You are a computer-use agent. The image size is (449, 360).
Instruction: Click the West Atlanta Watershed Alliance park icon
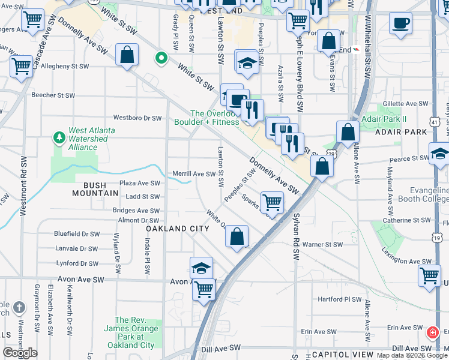[59, 138]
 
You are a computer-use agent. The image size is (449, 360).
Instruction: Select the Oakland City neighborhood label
[178, 229]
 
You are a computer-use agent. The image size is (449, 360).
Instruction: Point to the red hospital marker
[432, 332]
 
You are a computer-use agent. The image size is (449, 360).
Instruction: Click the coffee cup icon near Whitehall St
[400, 23]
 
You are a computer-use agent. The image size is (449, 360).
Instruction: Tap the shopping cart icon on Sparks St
[272, 202]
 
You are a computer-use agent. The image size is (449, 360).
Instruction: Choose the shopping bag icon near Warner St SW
[237, 236]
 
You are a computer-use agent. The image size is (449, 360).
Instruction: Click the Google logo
[20, 353]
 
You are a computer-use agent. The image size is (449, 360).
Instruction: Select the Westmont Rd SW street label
[23, 186]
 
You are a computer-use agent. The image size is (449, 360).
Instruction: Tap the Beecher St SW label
[53, 95]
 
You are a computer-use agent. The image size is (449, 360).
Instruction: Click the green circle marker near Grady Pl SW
[161, 58]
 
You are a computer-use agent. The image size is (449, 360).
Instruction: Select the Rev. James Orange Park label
[137, 332]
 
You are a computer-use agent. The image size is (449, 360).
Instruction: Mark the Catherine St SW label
[405, 221]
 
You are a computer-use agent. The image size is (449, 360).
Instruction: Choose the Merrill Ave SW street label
[194, 174]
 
